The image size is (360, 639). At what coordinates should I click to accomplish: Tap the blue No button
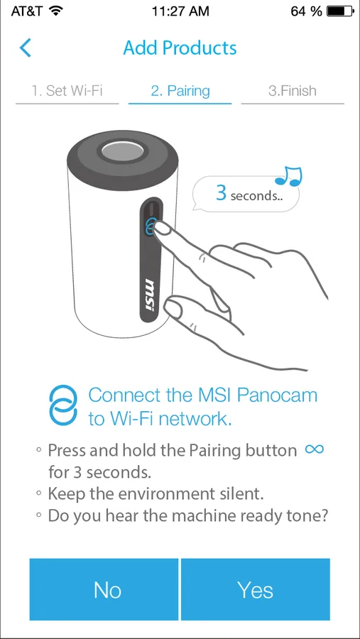tap(104, 589)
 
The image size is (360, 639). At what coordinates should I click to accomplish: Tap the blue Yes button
tap(255, 589)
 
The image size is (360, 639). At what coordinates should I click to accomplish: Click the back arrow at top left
tap(26, 48)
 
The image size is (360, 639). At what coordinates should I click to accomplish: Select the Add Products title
tap(180, 48)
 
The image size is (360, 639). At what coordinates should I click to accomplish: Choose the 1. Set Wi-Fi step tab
tap(67, 90)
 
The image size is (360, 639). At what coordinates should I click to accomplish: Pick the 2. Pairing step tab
tap(180, 90)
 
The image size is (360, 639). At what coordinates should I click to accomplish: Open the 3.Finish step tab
tap(293, 90)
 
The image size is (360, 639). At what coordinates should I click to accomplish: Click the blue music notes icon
tap(289, 176)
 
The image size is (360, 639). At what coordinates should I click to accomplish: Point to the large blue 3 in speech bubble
tap(221, 192)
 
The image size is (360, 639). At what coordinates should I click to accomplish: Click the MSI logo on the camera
tap(150, 295)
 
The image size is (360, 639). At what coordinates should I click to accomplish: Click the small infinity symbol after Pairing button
tap(315, 449)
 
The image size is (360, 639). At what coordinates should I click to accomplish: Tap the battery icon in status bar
tap(340, 11)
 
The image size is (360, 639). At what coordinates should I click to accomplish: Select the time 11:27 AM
tap(180, 11)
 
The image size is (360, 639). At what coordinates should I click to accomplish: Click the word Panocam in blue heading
tap(278, 395)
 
